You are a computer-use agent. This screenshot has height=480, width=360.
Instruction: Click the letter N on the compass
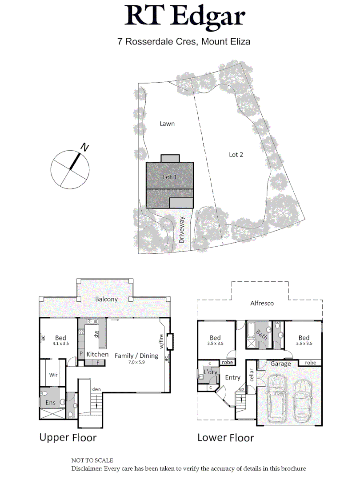(84, 147)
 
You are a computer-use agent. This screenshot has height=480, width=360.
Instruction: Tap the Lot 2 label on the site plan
(236, 155)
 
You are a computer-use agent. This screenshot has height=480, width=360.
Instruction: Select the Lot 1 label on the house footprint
(170, 177)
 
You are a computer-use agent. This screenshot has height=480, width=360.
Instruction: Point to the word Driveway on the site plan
(182, 229)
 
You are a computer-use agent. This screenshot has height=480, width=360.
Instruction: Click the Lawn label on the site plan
(167, 124)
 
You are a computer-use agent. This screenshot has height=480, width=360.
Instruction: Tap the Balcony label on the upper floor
(107, 299)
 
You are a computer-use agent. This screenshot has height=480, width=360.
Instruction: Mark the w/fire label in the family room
(160, 341)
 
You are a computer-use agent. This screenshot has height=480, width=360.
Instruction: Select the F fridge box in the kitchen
(98, 363)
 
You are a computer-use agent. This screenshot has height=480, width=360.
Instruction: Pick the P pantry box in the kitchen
(81, 354)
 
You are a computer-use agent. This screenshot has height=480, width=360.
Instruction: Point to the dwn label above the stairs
(96, 389)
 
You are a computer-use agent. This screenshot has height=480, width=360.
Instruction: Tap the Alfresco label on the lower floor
(262, 304)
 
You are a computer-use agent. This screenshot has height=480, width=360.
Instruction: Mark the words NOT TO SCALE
(92, 460)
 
